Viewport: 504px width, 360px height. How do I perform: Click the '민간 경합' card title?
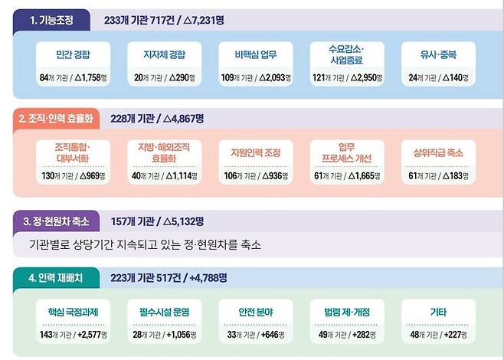point(74,54)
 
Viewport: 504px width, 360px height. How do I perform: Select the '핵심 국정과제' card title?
point(74,312)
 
